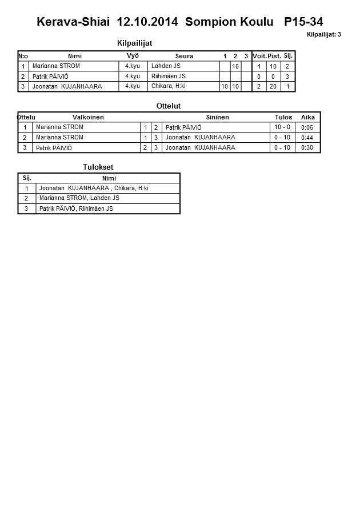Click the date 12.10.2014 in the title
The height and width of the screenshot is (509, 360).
pyautogui.click(x=148, y=22)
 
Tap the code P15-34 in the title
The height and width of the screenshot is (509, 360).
pyautogui.click(x=303, y=22)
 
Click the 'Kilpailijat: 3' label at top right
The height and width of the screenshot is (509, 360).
pyautogui.click(x=323, y=34)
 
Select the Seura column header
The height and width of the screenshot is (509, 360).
pyautogui.click(x=184, y=56)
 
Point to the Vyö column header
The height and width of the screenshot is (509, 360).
pyautogui.click(x=133, y=55)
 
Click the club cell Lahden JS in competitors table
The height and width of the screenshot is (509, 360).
pyautogui.click(x=166, y=66)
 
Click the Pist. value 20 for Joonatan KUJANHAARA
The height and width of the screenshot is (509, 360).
pyautogui.click(x=273, y=86)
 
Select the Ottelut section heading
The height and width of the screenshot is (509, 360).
pyautogui.click(x=168, y=106)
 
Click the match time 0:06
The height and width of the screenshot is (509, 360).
pyautogui.click(x=307, y=127)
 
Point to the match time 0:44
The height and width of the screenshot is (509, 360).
pyautogui.click(x=307, y=138)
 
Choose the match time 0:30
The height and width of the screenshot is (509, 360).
pyautogui.click(x=307, y=147)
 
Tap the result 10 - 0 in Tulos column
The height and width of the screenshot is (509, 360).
pyautogui.click(x=283, y=127)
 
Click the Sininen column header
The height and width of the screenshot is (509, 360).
pyautogui.click(x=217, y=117)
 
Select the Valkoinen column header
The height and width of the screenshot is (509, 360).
pyautogui.click(x=88, y=117)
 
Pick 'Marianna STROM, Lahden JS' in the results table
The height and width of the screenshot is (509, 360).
pyautogui.click(x=79, y=198)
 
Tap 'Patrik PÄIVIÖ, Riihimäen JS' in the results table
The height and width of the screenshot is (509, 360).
pyautogui.click(x=76, y=209)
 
